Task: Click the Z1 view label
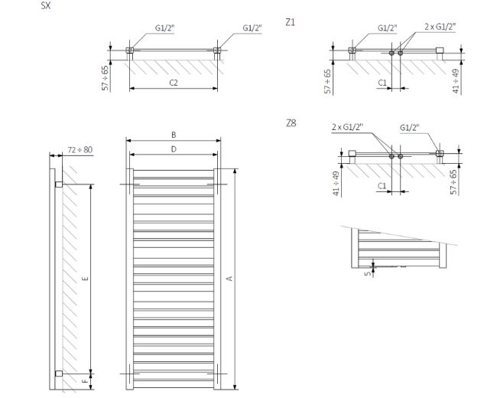pyautogui.click(x=290, y=23)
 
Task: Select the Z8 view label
pyautogui.click(x=290, y=122)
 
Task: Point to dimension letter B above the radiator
pyautogui.click(x=174, y=135)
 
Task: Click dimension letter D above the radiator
pyautogui.click(x=174, y=149)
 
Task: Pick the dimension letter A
pyautogui.click(x=229, y=279)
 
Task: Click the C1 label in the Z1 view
pyautogui.click(x=381, y=81)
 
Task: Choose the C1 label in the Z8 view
pyautogui.click(x=381, y=185)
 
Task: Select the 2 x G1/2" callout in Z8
pyautogui.click(x=347, y=127)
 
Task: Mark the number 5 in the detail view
pyautogui.click(x=366, y=271)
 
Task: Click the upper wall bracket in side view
pyautogui.click(x=58, y=184)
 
